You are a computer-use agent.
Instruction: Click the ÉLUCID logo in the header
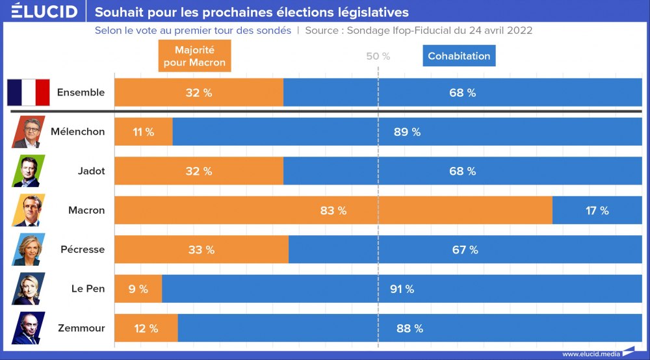click(x=44, y=12)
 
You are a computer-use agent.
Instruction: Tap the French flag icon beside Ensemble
click(x=29, y=92)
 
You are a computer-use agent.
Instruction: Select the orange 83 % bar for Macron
click(x=333, y=211)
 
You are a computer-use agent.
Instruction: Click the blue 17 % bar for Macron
click(x=596, y=211)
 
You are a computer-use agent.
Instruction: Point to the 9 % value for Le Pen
click(x=138, y=289)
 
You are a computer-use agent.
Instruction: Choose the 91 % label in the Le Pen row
click(x=402, y=289)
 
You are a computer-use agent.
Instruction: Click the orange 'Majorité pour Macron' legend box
click(x=194, y=56)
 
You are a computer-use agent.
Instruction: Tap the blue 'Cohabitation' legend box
click(x=459, y=56)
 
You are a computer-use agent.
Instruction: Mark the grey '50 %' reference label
click(x=378, y=56)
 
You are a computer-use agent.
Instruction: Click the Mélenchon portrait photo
click(x=29, y=132)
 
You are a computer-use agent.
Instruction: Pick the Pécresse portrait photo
click(x=29, y=250)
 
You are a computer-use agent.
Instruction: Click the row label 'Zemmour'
click(x=81, y=328)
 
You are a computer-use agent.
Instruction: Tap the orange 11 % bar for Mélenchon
click(x=143, y=132)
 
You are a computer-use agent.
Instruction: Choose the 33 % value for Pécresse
click(x=201, y=250)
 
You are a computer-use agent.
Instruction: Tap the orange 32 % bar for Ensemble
click(x=199, y=92)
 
